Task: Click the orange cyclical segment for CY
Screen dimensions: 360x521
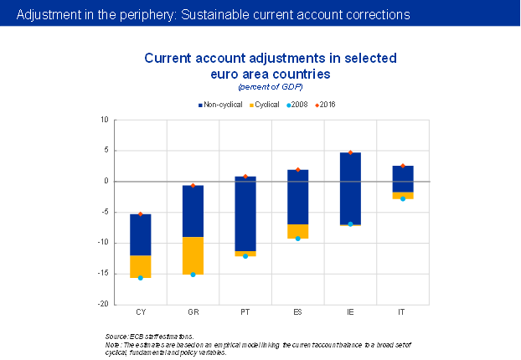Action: click(x=141, y=266)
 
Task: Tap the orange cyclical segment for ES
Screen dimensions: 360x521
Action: click(x=298, y=231)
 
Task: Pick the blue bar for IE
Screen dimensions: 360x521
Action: click(x=350, y=188)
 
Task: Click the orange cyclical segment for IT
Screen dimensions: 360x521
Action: click(x=403, y=195)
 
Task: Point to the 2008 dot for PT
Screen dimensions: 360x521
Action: click(x=245, y=256)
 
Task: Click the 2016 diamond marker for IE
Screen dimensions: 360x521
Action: click(x=351, y=153)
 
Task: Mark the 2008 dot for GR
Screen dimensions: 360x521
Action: click(x=193, y=275)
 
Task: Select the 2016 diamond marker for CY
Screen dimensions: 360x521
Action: click(x=141, y=214)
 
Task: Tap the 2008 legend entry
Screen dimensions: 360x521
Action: click(x=297, y=105)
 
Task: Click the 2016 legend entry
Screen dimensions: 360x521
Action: click(x=329, y=105)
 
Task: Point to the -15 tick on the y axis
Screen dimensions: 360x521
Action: click(x=103, y=274)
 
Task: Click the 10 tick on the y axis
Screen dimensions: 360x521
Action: click(x=105, y=120)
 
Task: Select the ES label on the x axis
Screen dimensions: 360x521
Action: click(x=298, y=312)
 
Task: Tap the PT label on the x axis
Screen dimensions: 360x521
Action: click(x=245, y=312)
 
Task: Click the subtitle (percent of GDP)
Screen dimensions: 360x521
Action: click(x=270, y=87)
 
